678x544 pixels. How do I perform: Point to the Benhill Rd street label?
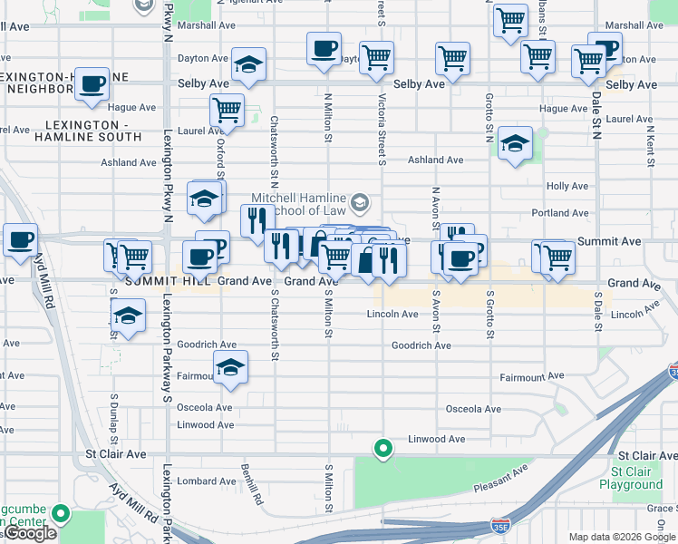[x=252, y=485]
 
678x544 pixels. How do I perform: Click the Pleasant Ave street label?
[x=500, y=481]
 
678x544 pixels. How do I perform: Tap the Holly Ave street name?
[x=567, y=186]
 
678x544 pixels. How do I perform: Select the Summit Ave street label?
[x=609, y=241]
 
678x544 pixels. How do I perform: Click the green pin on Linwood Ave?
[x=383, y=448]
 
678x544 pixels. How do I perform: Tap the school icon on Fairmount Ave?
[x=230, y=368]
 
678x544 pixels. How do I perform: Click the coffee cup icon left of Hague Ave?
[x=92, y=84]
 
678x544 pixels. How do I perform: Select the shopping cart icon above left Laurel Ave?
[x=226, y=111]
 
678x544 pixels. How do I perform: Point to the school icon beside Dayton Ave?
[x=247, y=63]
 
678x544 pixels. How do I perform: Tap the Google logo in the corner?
[x=30, y=533]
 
